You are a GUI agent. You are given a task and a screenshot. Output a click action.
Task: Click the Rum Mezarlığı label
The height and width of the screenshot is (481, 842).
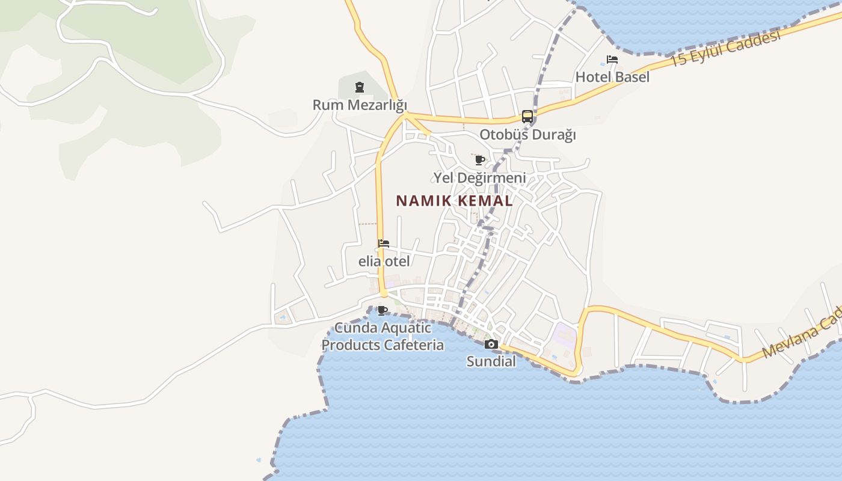click(x=360, y=105)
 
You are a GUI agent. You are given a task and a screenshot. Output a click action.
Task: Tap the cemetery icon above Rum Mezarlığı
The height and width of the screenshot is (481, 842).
click(x=360, y=88)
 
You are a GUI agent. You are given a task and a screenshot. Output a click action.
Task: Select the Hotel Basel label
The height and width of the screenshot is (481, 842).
click(x=612, y=77)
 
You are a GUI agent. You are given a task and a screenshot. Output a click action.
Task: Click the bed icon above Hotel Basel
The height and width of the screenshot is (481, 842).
click(x=612, y=60)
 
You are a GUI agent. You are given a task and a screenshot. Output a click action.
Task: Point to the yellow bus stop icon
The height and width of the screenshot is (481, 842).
click(x=527, y=117)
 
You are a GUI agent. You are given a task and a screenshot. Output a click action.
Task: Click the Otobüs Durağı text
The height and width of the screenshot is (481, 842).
click(x=527, y=134)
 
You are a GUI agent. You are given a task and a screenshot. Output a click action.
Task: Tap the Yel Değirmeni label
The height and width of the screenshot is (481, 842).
click(x=479, y=178)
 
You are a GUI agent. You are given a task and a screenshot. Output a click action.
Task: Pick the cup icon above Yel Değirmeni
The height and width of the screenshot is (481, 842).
click(x=479, y=161)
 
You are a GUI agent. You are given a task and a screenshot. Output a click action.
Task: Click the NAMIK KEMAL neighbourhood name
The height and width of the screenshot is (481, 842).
click(x=455, y=201)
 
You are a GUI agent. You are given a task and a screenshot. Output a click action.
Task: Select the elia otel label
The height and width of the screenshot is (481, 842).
click(x=384, y=262)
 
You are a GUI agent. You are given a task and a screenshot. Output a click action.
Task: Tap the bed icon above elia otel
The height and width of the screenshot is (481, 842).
click(x=384, y=244)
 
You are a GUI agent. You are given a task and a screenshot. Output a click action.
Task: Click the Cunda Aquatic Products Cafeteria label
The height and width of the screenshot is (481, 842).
click(x=383, y=337)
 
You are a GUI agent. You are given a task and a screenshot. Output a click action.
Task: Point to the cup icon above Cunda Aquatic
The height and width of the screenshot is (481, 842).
click(x=383, y=310)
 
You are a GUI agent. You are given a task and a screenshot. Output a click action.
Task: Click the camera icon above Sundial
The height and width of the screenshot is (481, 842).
click(x=491, y=345)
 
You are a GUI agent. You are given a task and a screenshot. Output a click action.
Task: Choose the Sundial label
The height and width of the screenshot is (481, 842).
click(x=491, y=361)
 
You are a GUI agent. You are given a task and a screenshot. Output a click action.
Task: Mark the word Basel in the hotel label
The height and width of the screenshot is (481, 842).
click(x=631, y=77)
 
